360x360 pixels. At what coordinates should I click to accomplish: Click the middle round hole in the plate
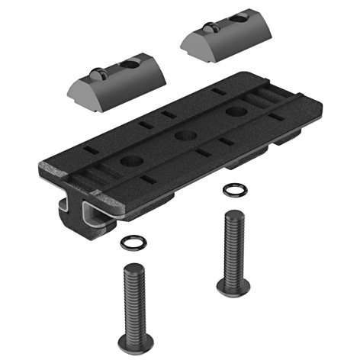[x=182, y=137]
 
